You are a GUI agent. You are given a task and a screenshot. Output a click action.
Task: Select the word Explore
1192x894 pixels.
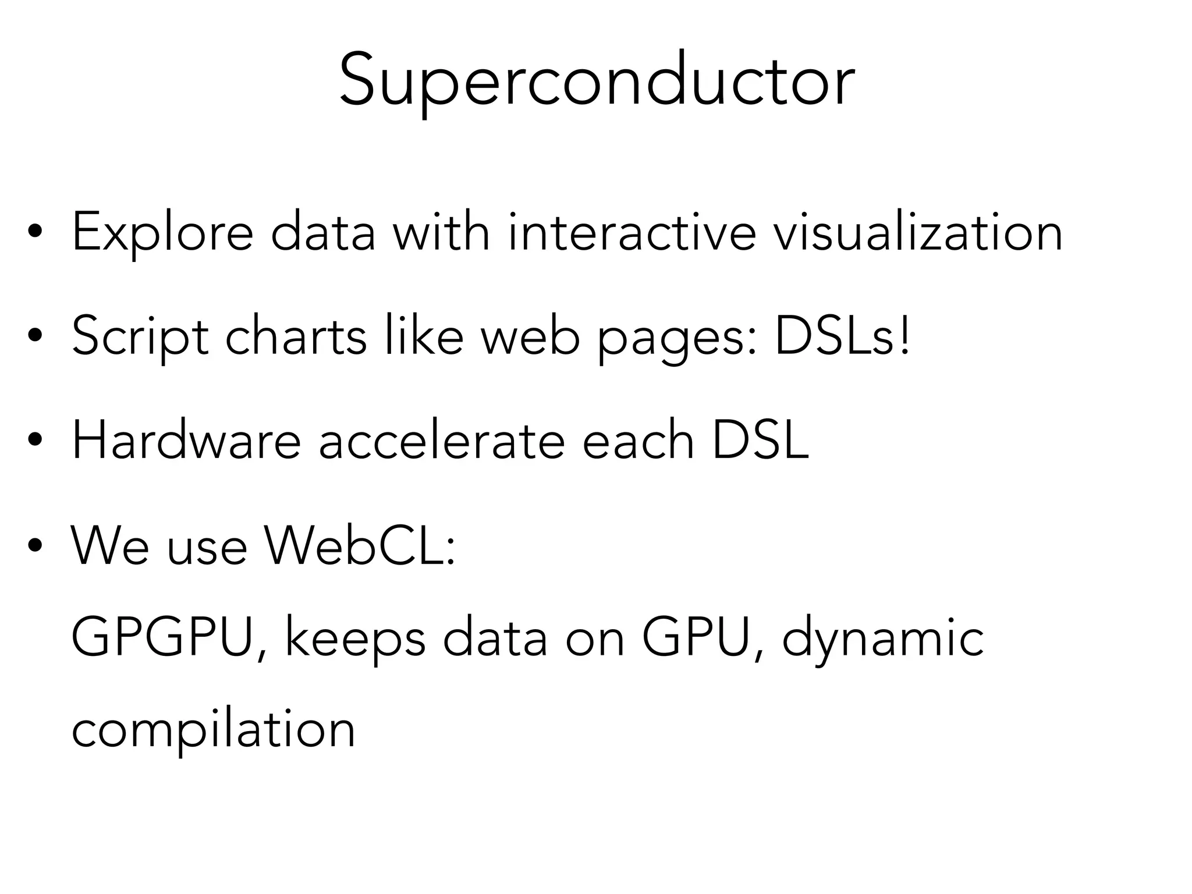point(162,233)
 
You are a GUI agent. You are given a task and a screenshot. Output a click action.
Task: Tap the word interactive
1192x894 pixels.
point(632,232)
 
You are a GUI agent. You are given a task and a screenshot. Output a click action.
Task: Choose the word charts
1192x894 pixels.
point(296,336)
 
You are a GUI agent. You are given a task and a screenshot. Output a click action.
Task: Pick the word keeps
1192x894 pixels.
point(355,640)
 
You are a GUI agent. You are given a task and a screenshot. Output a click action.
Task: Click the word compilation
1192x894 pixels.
point(213,731)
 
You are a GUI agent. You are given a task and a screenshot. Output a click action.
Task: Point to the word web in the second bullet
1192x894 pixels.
point(530,336)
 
